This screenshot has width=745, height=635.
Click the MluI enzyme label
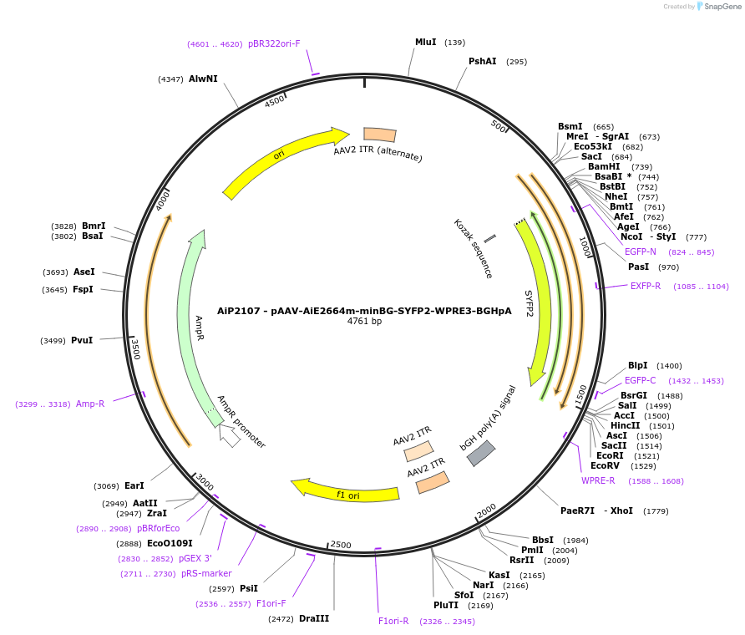pyautogui.click(x=425, y=42)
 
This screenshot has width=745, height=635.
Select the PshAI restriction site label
pyautogui.click(x=482, y=61)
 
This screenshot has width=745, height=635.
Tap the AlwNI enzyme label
pyautogui.click(x=203, y=79)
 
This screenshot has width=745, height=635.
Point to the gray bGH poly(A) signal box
pyautogui.click(x=481, y=453)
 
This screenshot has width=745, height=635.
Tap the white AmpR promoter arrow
pyautogui.click(x=228, y=435)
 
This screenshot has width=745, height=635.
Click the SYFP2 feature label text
pyautogui.click(x=529, y=304)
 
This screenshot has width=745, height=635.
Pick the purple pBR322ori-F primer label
pyautogui.click(x=274, y=43)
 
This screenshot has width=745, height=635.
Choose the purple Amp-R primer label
pyautogui.click(x=90, y=404)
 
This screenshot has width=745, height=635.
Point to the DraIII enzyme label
pyautogui.click(x=314, y=618)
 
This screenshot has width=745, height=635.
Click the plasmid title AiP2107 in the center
pyautogui.click(x=364, y=309)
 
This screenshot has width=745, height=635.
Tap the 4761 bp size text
pyautogui.click(x=364, y=321)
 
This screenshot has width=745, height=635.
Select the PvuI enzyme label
pyautogui.click(x=82, y=340)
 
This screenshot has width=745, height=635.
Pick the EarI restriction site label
pyautogui.click(x=134, y=485)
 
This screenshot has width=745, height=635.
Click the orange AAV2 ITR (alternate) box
pyautogui.click(x=380, y=135)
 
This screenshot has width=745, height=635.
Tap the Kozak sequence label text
pyautogui.click(x=474, y=248)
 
